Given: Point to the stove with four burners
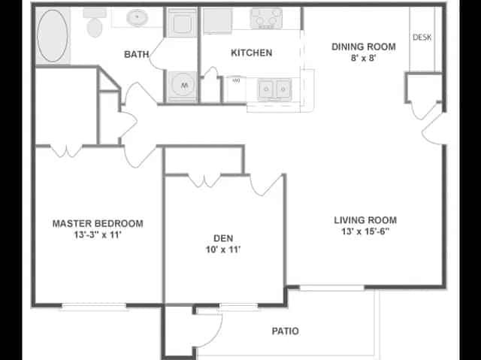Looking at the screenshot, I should [x=265, y=18].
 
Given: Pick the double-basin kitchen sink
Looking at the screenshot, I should [x=274, y=89].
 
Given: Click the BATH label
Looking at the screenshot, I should [x=136, y=54].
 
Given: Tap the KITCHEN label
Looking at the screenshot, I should [x=251, y=53].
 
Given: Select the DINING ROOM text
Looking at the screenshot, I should [x=364, y=47].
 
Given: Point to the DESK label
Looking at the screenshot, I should [x=422, y=37].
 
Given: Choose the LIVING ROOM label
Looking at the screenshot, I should [x=365, y=220].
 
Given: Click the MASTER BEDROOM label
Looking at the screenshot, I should [x=98, y=223].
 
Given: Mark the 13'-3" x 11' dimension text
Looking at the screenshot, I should [x=98, y=234].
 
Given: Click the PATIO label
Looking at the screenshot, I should [x=285, y=331].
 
